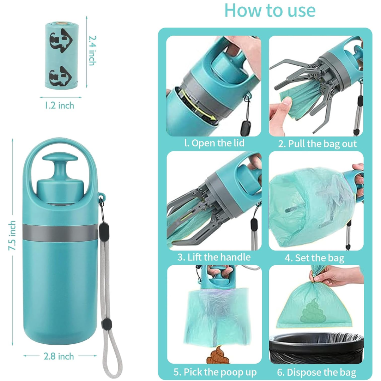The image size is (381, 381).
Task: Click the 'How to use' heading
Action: click(270, 10)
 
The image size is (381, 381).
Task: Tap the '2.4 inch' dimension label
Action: click(92, 50)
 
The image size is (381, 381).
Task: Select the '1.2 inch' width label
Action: click(60, 105)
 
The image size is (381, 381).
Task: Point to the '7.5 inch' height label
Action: click(12, 235)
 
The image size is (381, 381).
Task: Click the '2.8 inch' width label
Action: click(59, 356)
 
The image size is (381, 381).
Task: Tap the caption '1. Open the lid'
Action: click(214, 143)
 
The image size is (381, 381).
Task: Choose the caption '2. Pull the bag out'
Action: click(317, 144)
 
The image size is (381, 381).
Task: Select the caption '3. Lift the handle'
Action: click(214, 257)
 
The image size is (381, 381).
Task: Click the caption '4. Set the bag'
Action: click(315, 258)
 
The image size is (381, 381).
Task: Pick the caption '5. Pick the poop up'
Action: click(215, 372)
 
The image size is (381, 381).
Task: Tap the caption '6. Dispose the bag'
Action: click(316, 372)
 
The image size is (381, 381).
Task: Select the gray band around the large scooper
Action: click(60, 233)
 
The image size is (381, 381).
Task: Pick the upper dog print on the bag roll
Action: click(61, 41)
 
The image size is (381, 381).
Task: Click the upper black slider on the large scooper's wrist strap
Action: click(104, 231)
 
